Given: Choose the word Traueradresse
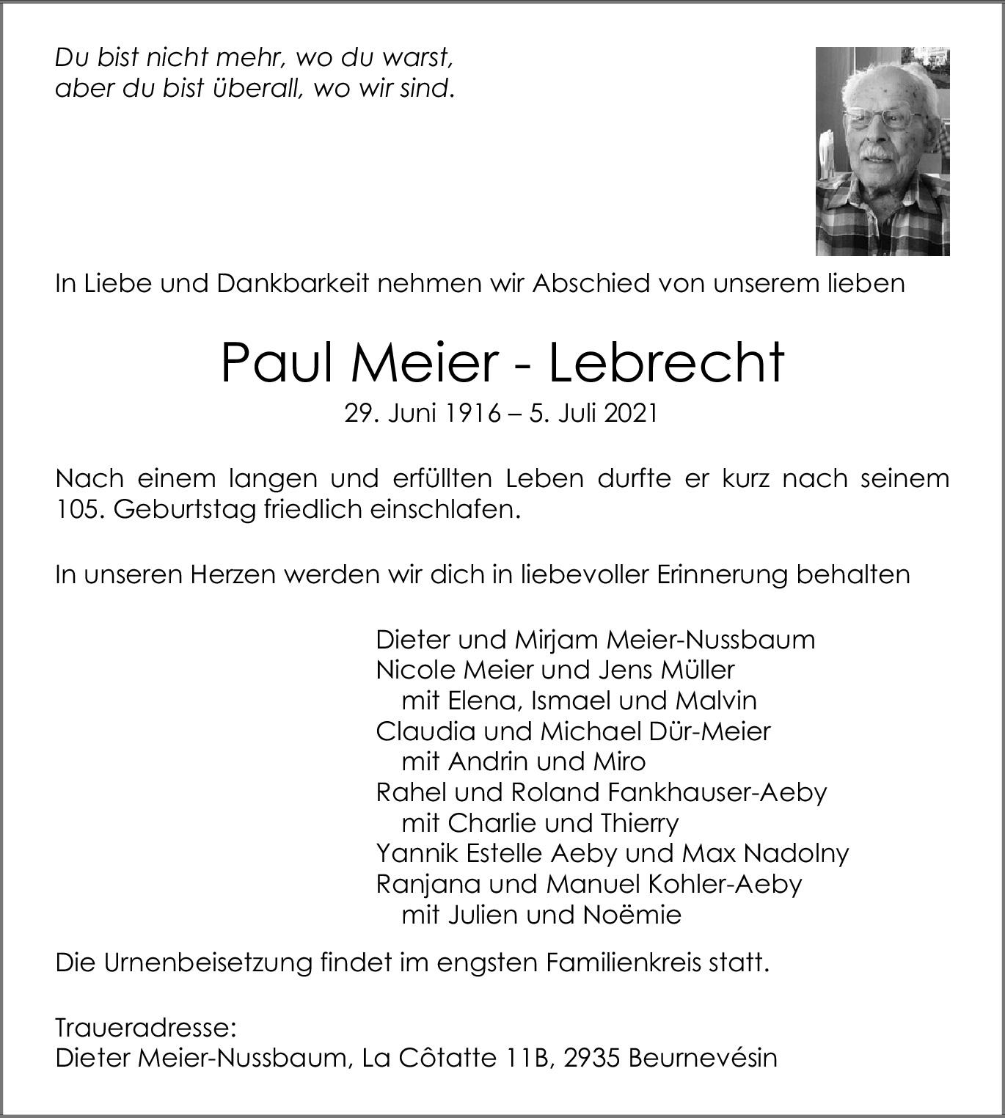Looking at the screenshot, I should point(145,1028).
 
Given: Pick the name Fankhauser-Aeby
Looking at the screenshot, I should point(717,792).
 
